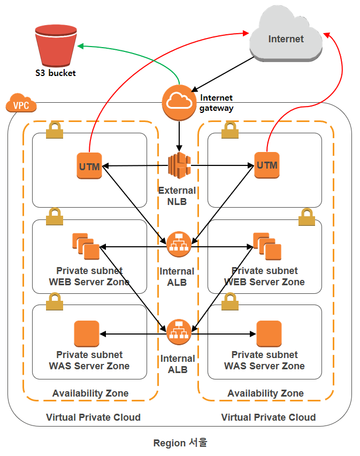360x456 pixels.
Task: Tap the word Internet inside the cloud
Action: click(286, 39)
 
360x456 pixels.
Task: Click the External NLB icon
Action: click(179, 166)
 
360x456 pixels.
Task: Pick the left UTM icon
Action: click(89, 166)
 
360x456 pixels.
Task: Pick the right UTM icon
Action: click(266, 165)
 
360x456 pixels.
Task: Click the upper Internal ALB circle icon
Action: click(179, 244)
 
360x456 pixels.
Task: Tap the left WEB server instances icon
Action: click(86, 247)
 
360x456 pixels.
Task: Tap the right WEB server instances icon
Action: click(267, 246)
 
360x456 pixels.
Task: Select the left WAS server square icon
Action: click(87, 334)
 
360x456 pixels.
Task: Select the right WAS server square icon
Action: click(269, 334)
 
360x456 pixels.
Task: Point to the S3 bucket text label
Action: click(56, 73)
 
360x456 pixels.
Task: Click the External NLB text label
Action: click(177, 196)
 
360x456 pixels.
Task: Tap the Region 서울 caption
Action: click(180, 443)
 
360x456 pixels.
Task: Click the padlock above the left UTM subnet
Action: click(53, 131)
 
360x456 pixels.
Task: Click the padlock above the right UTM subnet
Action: click(230, 130)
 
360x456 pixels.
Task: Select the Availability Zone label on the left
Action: click(90, 393)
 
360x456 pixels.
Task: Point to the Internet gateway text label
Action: click(216, 103)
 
